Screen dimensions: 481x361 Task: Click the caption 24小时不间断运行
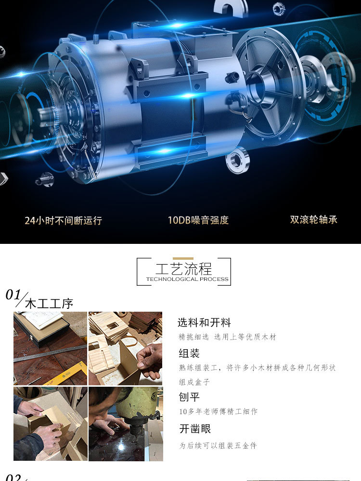[x=64, y=221]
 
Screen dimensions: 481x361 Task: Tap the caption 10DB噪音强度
[x=198, y=220]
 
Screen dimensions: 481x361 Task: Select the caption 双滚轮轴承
[x=313, y=220]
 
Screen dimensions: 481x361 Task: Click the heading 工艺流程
[x=183, y=268]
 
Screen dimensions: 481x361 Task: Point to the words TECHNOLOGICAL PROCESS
[x=187, y=279]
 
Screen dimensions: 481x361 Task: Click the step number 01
[x=13, y=294]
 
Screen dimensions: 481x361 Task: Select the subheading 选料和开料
[x=204, y=323]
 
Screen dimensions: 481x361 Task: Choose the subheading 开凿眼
[x=195, y=429]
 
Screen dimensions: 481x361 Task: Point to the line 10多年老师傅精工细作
[x=218, y=412]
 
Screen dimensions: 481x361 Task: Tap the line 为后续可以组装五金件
[x=218, y=446]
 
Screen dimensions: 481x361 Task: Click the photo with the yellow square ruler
[x=50, y=348]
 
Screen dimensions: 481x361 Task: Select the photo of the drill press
[x=126, y=424]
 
